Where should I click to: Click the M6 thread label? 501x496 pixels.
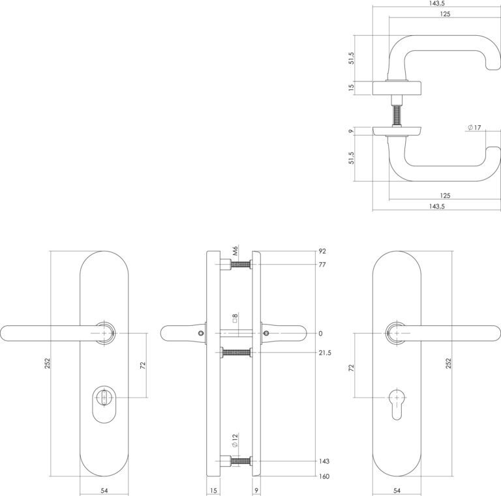point(235,250)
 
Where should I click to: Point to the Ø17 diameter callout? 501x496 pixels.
point(474,128)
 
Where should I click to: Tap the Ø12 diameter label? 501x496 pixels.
point(235,441)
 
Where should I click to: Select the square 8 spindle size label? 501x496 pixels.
point(235,318)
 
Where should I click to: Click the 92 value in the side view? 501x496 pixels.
point(322,251)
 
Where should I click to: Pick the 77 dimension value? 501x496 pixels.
point(322,265)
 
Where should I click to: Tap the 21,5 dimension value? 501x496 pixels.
point(325,353)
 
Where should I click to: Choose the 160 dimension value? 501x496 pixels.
point(324,476)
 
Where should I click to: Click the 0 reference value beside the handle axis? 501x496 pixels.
point(321,334)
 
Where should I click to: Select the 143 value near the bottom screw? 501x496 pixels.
point(324,461)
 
